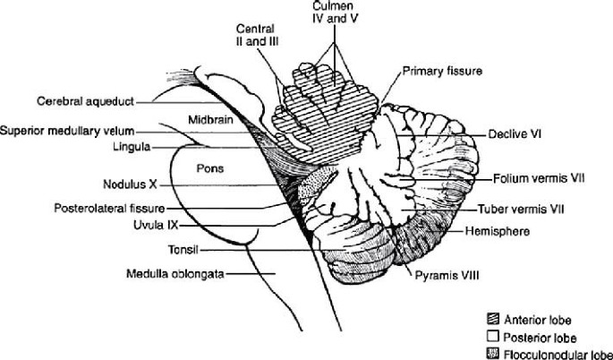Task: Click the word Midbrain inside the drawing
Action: (211, 119)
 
